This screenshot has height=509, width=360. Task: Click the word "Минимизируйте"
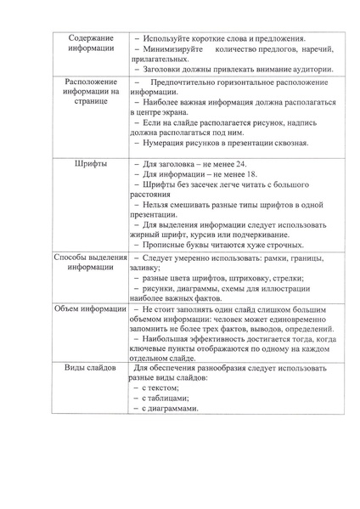click(x=175, y=51)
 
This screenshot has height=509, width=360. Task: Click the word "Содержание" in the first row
click(x=90, y=37)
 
